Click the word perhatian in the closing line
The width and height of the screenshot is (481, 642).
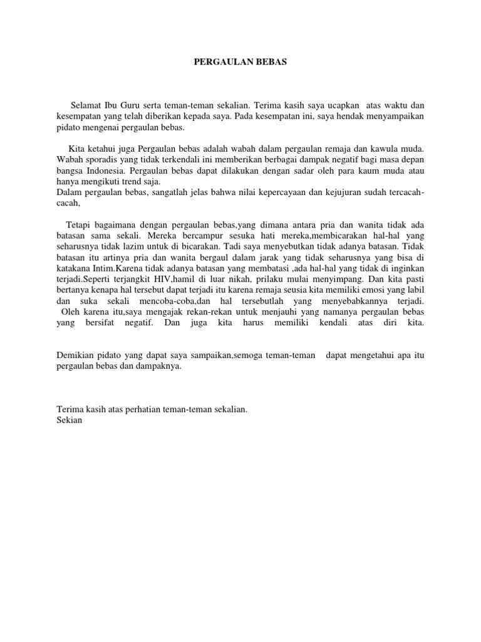coord(144,409)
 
